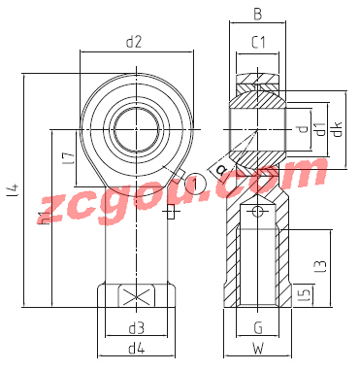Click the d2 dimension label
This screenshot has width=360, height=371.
click(x=134, y=42)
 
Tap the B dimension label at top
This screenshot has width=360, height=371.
click(x=257, y=15)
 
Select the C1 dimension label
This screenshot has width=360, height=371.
click(x=258, y=42)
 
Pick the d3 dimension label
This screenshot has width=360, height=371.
click(x=136, y=328)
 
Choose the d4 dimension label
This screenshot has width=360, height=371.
click(x=136, y=348)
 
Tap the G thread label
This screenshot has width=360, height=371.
click(x=258, y=328)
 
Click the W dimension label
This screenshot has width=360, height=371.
click(x=258, y=349)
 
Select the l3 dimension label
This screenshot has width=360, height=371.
click(x=321, y=266)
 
